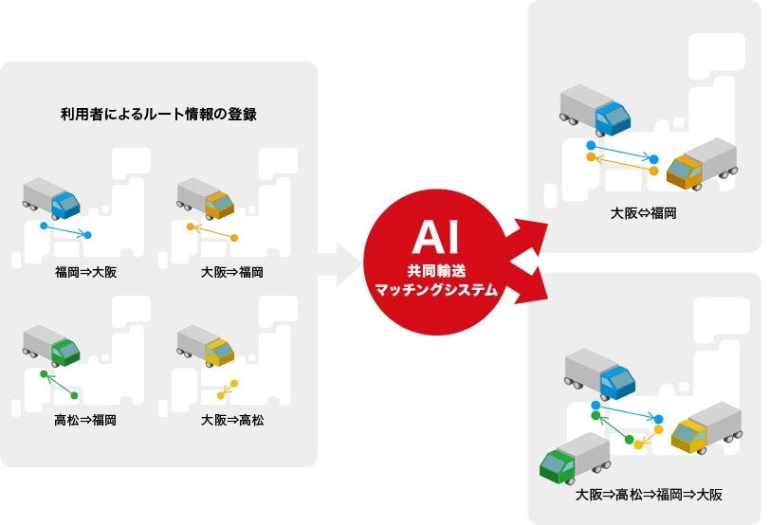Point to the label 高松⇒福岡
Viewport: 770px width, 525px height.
(85, 419)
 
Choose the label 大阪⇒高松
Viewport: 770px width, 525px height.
(232, 419)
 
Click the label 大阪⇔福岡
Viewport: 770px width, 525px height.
(642, 214)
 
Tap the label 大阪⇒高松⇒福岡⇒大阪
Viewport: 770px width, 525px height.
(649, 495)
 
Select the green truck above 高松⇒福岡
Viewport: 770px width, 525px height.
(53, 346)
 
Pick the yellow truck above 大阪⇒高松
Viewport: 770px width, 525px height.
(206, 346)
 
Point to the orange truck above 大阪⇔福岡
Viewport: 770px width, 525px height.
(702, 162)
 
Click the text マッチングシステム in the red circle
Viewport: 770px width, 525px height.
(436, 291)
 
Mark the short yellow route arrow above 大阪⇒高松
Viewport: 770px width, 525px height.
(228, 389)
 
